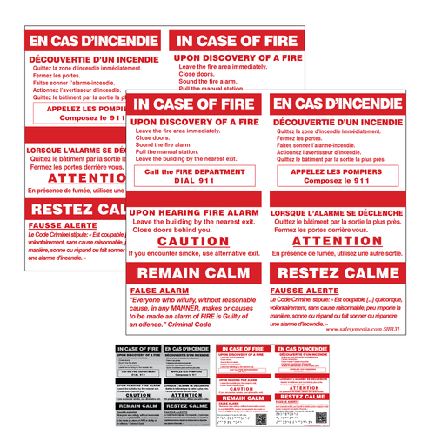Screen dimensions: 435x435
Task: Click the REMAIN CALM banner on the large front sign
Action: (195, 272)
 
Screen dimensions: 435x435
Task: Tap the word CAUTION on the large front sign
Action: (194, 240)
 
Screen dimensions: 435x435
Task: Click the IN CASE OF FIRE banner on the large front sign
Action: (195, 104)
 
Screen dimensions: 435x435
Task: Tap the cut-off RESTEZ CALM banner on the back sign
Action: (75, 211)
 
